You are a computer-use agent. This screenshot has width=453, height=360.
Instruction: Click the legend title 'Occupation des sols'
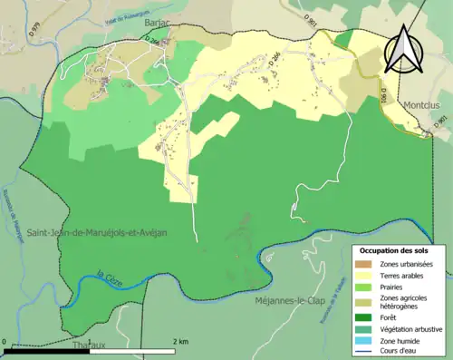click(397, 250)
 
